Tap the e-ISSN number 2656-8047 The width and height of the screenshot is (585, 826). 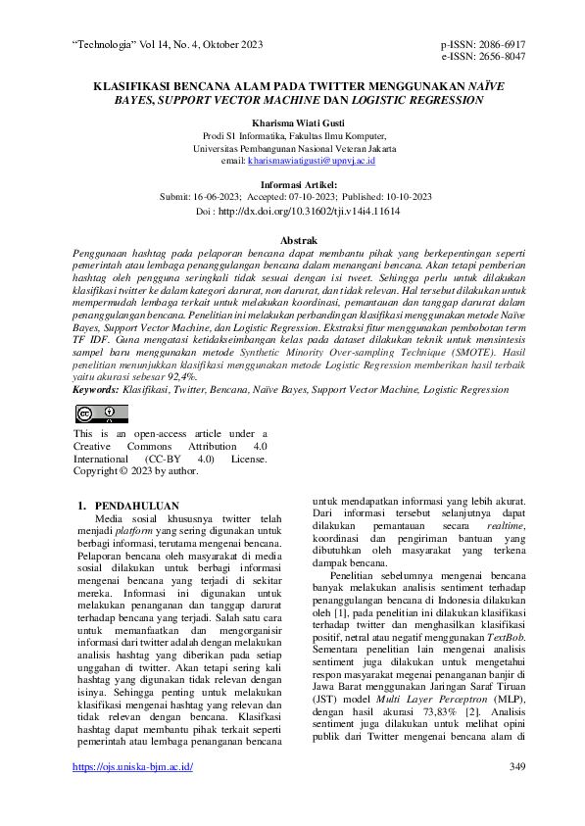[x=498, y=58]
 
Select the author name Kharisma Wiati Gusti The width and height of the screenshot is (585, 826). [x=292, y=121]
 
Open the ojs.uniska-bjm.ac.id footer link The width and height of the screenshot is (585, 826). [x=133, y=793]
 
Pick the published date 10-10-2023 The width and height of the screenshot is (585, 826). [x=404, y=196]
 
